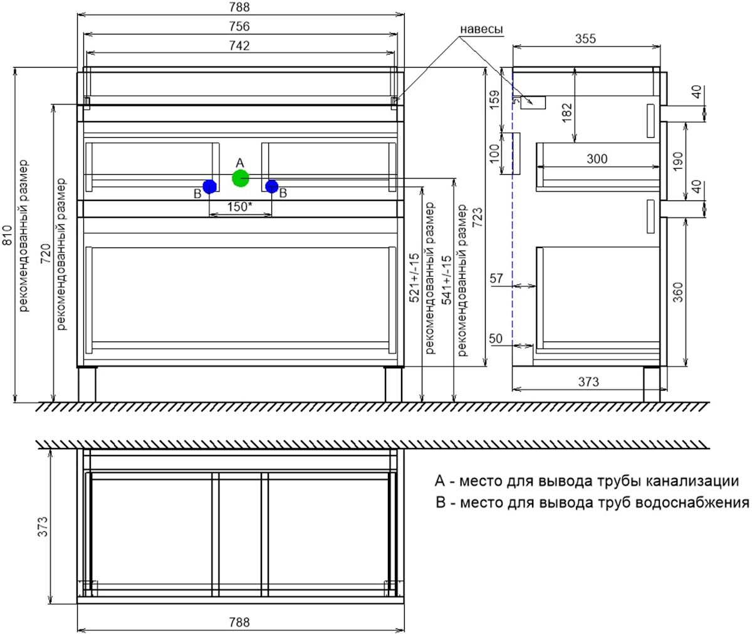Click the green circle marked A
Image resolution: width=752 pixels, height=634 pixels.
pyautogui.click(x=240, y=178)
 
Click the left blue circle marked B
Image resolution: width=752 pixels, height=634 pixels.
pyautogui.click(x=209, y=187)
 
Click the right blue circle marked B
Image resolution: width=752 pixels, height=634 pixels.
pyautogui.click(x=271, y=187)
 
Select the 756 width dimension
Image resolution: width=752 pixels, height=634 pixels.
pyautogui.click(x=239, y=26)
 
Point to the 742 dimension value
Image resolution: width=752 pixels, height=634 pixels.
pyautogui.click(x=239, y=46)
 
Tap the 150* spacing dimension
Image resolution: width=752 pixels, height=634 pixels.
pyautogui.click(x=239, y=207)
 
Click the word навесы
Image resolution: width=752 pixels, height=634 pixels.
pyautogui.click(x=481, y=29)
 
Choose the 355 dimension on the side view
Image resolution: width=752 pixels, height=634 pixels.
pyautogui.click(x=585, y=38)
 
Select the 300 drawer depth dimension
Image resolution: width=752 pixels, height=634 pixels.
pyautogui.click(x=597, y=158)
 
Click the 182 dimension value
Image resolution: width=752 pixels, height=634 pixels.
pyautogui.click(x=567, y=113)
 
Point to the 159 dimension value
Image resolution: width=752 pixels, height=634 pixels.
pyautogui.click(x=495, y=100)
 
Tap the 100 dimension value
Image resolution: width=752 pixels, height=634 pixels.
pyautogui.click(x=495, y=153)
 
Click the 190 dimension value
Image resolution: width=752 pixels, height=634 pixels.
pyautogui.click(x=678, y=162)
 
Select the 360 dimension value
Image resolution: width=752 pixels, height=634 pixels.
pyautogui.click(x=678, y=293)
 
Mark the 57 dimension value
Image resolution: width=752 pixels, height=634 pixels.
pyautogui.click(x=496, y=278)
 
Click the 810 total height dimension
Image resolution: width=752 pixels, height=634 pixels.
pyautogui.click(x=8, y=236)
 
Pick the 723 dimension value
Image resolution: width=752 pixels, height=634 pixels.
pyautogui.click(x=478, y=217)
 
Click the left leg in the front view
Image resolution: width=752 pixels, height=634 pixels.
pyautogui.click(x=87, y=384)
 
